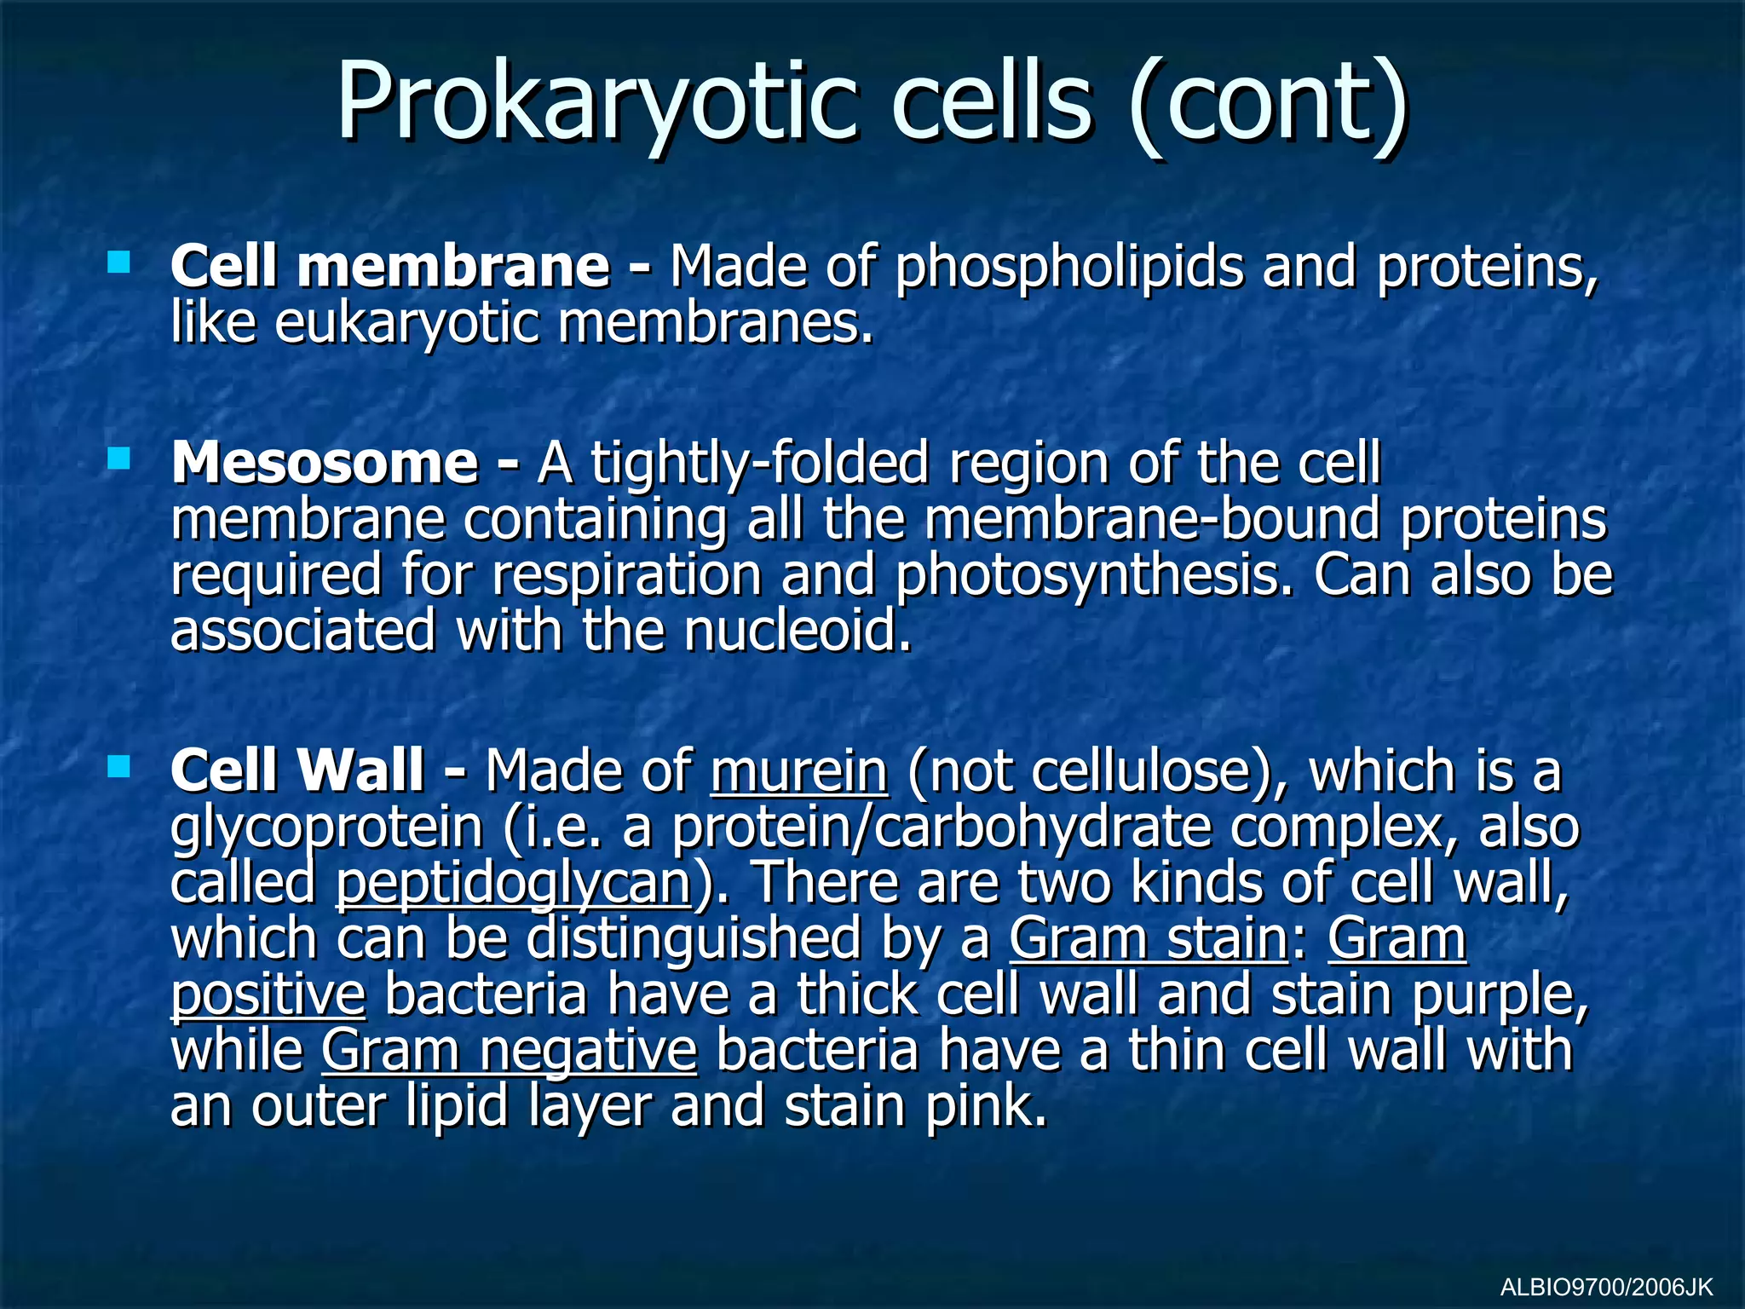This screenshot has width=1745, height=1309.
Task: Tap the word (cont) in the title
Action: pyautogui.click(x=1269, y=102)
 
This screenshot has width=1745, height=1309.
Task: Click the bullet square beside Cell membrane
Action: pyautogui.click(x=119, y=262)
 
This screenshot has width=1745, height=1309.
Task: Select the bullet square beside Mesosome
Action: pyautogui.click(x=119, y=459)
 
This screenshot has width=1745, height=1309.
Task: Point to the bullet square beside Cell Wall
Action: pyautogui.click(x=119, y=767)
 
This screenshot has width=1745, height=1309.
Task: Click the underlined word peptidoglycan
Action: pyautogui.click(x=514, y=884)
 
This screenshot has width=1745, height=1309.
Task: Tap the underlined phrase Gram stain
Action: pyautogui.click(x=1149, y=938)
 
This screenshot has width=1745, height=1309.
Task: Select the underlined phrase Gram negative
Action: pyautogui.click(x=510, y=1050)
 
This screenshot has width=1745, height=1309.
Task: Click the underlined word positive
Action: pyautogui.click(x=268, y=995)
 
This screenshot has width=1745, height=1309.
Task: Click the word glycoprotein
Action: pyautogui.click(x=326, y=828)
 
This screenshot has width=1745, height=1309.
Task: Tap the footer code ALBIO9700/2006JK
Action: pyautogui.click(x=1606, y=1286)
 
